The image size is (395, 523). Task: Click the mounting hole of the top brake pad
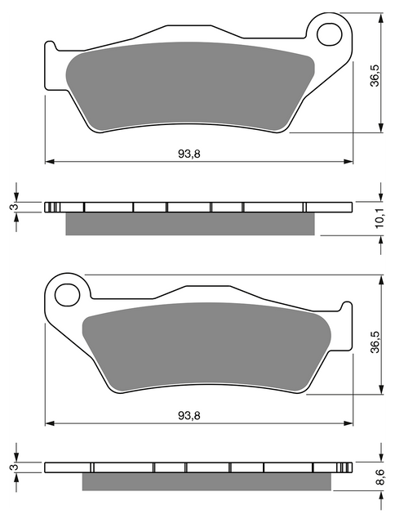[330, 34]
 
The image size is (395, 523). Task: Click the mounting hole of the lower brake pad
[68, 295]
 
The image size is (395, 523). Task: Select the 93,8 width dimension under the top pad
[189, 154]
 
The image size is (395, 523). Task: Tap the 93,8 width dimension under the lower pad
[189, 416]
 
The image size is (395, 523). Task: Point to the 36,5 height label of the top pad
[375, 75]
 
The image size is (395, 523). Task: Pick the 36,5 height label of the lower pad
[375, 342]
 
